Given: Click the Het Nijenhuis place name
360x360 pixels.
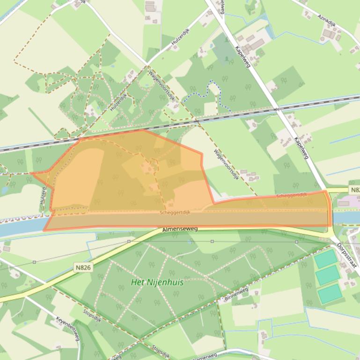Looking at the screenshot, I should click(157, 282).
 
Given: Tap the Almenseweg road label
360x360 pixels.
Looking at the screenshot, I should click(180, 230).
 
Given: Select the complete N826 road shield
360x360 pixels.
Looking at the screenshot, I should click(83, 267).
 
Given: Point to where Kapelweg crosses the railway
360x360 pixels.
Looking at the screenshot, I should click(277, 109).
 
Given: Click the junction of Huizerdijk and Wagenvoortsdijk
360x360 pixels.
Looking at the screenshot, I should click(147, 65).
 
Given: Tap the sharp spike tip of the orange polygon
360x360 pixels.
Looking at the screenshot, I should click(31, 173).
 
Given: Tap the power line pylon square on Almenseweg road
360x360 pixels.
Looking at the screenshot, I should click(129, 241).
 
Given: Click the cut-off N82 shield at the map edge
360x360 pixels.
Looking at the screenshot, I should click(354, 190).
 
